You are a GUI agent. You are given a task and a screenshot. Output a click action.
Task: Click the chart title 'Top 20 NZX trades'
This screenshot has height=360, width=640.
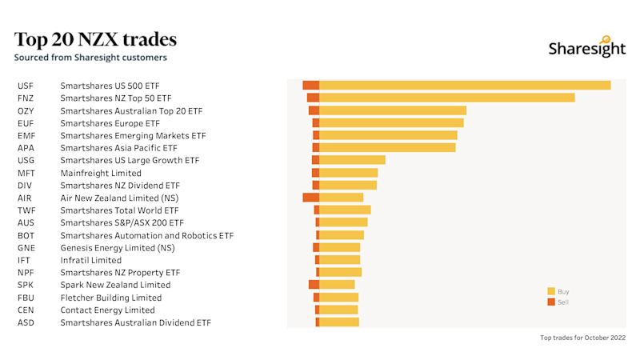tap(95, 40)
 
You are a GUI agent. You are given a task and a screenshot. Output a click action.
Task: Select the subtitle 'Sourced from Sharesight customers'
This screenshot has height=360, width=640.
tap(90, 58)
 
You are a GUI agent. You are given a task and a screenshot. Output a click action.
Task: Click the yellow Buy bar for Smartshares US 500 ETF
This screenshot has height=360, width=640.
tap(464, 86)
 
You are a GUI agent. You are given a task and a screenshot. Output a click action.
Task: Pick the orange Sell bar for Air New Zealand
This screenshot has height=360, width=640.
tap(310, 198)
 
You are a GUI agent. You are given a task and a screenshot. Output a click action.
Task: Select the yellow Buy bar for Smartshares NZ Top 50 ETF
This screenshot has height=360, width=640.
tap(446, 98)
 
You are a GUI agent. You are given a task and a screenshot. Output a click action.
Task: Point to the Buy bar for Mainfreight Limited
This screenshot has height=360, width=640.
tap(348, 173)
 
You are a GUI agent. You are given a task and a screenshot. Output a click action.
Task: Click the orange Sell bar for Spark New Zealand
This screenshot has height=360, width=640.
tap(314, 285)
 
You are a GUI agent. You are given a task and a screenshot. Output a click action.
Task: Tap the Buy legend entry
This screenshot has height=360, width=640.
tap(558, 292)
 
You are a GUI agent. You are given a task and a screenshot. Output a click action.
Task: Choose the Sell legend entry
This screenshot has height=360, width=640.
tap(558, 302)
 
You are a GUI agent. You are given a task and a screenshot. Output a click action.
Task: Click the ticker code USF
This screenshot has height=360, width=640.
tap(25, 86)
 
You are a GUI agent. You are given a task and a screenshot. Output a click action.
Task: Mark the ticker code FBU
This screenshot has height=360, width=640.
tap(26, 298)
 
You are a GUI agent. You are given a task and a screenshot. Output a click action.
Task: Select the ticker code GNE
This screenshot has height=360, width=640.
tap(26, 248)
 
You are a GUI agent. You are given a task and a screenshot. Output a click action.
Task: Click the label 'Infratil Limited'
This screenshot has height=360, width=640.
tap(90, 260)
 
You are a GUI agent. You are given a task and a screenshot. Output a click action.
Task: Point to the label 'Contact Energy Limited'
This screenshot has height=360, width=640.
tap(107, 310)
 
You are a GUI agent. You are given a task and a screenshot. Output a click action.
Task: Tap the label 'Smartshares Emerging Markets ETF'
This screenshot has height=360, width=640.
tap(133, 136)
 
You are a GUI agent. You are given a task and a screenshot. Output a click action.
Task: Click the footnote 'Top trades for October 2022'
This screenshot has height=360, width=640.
tap(582, 338)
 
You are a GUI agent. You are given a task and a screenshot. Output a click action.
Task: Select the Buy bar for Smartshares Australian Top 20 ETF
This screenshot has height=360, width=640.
tap(392, 110)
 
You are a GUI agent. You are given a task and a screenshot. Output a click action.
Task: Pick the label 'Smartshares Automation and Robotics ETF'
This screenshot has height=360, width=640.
tap(146, 236)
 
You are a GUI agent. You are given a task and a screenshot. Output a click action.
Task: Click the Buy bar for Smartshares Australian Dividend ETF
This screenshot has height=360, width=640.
tap(338, 322)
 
